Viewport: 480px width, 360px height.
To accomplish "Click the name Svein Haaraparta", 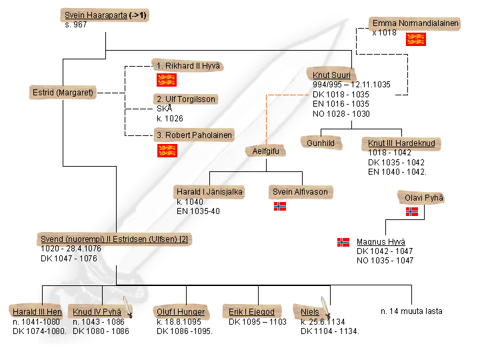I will tap(96, 15).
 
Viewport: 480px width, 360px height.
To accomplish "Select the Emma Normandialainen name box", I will tap(415, 23).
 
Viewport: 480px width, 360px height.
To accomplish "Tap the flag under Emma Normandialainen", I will tap(416, 39).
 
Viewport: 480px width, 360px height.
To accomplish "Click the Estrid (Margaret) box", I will tap(63, 92).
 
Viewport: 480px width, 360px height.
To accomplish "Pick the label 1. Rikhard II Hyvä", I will tap(187, 65).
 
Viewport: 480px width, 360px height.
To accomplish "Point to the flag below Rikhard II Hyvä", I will tap(166, 81).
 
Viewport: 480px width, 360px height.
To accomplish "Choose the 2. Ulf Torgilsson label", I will tap(186, 99).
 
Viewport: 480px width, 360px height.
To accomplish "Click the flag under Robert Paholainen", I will tap(166, 151).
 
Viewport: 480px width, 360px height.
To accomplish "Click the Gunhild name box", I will tap(322, 143).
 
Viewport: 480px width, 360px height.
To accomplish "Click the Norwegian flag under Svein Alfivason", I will tap(280, 207).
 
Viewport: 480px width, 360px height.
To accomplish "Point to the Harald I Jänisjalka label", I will tap(209, 192).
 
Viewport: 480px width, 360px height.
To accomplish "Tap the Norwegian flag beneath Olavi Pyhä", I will tap(413, 212).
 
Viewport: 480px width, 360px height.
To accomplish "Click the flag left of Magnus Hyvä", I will tap(343, 242).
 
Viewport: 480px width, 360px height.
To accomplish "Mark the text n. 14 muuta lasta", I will tap(411, 311).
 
